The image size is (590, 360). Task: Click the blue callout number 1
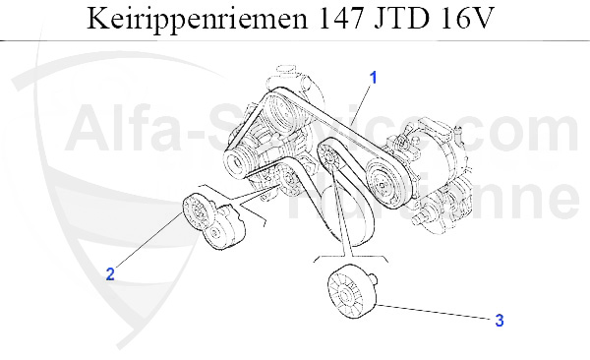374,76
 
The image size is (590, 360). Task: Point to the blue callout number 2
110,274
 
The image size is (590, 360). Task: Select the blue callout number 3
499,320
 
